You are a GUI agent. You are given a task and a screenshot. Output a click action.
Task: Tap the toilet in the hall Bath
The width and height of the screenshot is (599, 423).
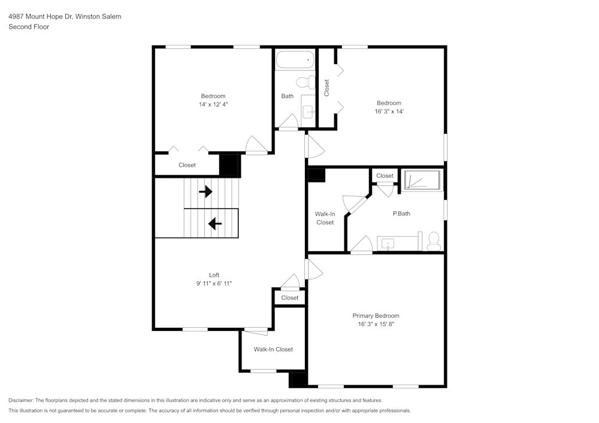[x=306, y=81]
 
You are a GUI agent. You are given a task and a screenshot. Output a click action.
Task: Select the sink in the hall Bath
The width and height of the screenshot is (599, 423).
[x=309, y=111]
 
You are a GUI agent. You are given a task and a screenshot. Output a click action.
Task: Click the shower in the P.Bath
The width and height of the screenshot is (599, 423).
[x=422, y=180]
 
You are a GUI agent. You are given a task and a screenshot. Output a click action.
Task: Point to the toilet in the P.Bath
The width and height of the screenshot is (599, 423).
[x=434, y=241]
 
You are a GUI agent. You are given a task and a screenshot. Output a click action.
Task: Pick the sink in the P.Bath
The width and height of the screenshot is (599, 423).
[x=389, y=244]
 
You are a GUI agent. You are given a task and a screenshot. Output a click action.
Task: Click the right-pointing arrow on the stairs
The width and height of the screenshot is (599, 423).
[x=205, y=191]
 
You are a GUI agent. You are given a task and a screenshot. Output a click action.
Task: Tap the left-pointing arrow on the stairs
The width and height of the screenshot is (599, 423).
[x=214, y=224]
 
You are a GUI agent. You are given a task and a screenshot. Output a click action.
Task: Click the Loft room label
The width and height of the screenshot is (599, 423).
[x=214, y=275]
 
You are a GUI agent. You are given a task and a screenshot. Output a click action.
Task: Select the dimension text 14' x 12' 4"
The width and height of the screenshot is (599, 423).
[x=213, y=104]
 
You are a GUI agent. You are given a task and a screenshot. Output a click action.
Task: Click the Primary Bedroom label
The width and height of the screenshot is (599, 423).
[x=376, y=316]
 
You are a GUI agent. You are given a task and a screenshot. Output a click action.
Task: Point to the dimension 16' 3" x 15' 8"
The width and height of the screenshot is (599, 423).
[x=376, y=324]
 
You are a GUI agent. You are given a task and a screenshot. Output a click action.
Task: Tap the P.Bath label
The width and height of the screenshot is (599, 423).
[x=401, y=214]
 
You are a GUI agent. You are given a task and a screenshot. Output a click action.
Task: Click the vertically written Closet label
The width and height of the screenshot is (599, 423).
[x=326, y=88]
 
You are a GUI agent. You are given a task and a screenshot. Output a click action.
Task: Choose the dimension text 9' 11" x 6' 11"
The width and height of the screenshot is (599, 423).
[x=214, y=284]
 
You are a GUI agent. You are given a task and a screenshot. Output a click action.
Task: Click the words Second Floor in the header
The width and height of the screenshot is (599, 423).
[x=29, y=27]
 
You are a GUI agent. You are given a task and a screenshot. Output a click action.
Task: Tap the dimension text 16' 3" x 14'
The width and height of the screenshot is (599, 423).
[x=389, y=111]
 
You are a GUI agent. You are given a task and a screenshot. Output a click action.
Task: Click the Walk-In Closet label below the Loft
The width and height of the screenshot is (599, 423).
[x=273, y=349]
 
